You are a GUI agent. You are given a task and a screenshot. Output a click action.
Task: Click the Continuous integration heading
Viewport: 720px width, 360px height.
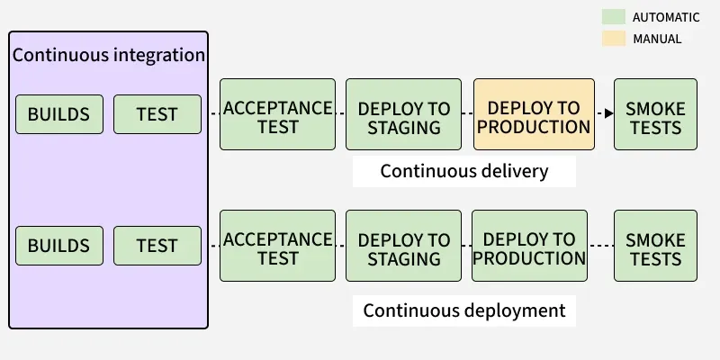tap(109, 55)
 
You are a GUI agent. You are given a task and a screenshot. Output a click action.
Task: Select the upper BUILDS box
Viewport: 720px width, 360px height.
tap(58, 114)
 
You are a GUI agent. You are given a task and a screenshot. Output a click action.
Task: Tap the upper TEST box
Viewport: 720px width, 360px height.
tap(157, 114)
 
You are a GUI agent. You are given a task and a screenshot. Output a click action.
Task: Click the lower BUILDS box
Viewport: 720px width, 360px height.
tap(58, 246)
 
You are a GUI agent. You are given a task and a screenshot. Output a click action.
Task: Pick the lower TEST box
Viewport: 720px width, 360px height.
tap(157, 246)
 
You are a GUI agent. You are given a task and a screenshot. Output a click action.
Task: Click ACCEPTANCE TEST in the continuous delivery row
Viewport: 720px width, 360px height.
tap(277, 114)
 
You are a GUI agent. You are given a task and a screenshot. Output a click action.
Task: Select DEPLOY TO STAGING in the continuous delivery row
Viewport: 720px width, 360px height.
tap(403, 114)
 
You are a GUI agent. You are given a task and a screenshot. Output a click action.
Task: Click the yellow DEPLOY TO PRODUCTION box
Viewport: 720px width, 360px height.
tap(534, 114)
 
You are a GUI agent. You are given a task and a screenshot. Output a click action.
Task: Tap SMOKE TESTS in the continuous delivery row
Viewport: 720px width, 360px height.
tap(655, 114)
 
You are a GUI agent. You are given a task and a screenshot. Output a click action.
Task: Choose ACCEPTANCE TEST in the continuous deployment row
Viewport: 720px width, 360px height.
tap(277, 246)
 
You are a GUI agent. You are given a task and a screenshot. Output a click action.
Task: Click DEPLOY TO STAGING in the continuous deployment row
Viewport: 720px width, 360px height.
tap(403, 246)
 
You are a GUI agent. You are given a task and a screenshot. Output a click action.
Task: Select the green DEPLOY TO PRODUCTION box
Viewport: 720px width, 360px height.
tap(529, 246)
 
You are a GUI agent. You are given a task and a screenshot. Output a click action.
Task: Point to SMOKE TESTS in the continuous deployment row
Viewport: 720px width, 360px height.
tap(655, 246)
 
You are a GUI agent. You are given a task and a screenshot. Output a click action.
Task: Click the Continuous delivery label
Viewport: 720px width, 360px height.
tap(463, 171)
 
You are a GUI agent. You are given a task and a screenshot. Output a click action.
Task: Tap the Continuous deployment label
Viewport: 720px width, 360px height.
tap(463, 310)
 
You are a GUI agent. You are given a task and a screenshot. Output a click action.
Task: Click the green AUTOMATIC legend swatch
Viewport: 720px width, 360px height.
tap(614, 17)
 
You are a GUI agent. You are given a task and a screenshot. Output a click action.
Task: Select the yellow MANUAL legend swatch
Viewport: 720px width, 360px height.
tap(614, 39)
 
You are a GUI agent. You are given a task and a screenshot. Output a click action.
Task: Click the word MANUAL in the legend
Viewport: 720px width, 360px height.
tap(657, 39)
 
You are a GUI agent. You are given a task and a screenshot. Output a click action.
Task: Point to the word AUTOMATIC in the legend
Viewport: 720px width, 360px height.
tap(666, 17)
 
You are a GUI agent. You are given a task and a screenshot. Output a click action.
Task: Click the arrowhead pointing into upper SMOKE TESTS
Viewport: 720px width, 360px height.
tap(608, 113)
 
